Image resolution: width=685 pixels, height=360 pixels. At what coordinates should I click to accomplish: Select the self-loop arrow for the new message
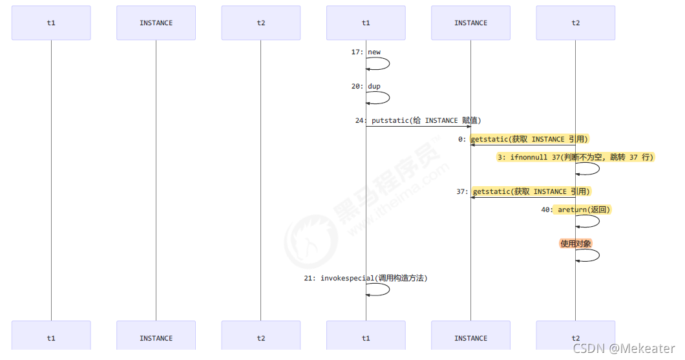[x=388, y=63]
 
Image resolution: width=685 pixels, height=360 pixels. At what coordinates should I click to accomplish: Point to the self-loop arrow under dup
[x=388, y=98]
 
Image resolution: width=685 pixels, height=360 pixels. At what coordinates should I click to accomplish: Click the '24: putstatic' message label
[x=417, y=121]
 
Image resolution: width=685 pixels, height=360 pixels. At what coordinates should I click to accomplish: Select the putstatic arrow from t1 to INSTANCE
[x=418, y=127]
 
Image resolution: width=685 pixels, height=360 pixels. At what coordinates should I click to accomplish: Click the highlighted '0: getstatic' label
[x=523, y=139]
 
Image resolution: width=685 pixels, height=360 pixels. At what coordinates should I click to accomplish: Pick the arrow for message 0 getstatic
[x=523, y=145]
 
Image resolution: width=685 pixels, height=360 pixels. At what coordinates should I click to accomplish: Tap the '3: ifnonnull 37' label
[x=575, y=157]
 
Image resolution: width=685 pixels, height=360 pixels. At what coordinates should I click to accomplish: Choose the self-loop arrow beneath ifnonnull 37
[x=598, y=169]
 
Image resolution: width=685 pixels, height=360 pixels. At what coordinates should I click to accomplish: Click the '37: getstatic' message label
[x=523, y=191]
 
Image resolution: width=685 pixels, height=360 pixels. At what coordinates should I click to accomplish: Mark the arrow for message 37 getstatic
[x=523, y=198]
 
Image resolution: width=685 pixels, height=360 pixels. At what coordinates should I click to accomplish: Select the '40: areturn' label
[x=575, y=209]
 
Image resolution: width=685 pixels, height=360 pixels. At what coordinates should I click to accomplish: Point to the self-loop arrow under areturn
[x=598, y=221]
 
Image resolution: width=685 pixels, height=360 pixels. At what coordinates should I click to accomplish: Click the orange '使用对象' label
[x=575, y=244]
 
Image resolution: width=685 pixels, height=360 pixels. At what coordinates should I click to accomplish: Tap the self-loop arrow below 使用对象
[x=598, y=255]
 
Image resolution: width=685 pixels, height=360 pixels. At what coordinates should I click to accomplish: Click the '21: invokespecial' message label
[x=366, y=278]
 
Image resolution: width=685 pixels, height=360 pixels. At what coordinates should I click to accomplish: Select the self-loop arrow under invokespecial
[x=388, y=290]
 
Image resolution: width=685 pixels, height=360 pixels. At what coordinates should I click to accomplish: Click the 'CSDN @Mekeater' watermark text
[x=624, y=348]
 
